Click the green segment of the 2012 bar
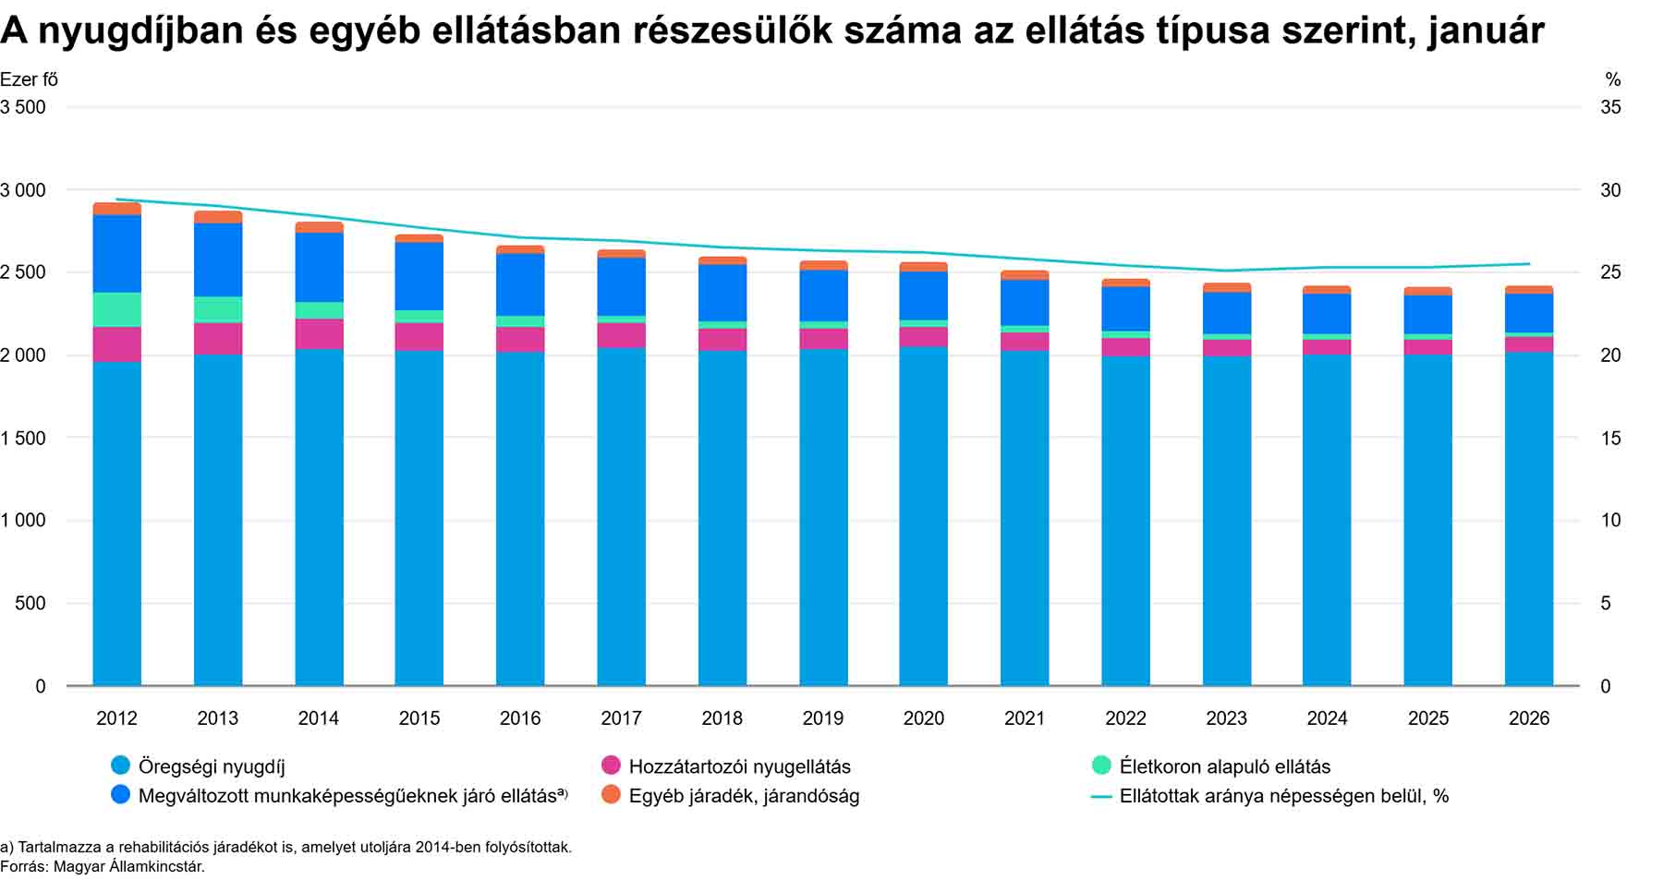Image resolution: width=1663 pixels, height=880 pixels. coord(116,309)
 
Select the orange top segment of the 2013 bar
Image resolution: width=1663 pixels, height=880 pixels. coord(218,217)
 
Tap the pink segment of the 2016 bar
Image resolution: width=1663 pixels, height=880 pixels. coord(520,339)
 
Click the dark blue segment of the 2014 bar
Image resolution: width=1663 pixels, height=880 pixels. coord(319,267)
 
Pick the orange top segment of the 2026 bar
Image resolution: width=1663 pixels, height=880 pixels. coord(1528,290)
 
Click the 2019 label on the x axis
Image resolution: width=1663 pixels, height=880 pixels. coord(822,718)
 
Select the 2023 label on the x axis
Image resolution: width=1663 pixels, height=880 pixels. coord(1226,718)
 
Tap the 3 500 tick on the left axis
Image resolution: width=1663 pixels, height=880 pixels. coord(23,107)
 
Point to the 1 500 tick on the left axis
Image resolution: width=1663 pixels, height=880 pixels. coord(23,438)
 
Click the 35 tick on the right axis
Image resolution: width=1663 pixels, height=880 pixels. coord(1610,107)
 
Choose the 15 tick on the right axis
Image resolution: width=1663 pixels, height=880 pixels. coord(1610,438)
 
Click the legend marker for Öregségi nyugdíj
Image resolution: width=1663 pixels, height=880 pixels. coord(120,765)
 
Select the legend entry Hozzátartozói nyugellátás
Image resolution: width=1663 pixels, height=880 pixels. coord(739,766)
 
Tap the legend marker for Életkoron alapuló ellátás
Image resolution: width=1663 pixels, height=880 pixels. coord(1101,765)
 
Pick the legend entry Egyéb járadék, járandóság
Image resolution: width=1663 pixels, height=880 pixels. coord(744,796)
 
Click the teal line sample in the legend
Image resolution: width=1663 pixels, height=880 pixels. coord(1101,796)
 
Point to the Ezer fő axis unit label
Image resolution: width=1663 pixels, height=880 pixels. coord(29,79)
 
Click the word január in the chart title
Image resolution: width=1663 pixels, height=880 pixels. coord(1485,30)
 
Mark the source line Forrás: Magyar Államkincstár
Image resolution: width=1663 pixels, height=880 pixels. coord(103,866)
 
